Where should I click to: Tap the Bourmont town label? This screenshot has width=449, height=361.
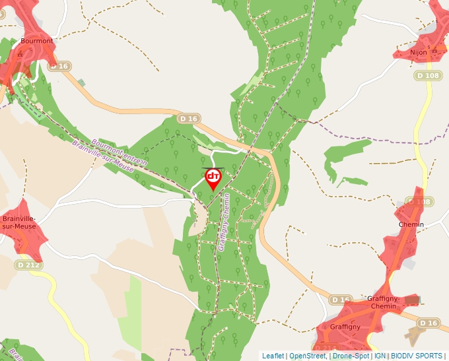pos(37,41)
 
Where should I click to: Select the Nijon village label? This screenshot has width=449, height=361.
pos(419,51)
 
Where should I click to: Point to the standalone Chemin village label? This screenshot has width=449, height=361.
pos(411,224)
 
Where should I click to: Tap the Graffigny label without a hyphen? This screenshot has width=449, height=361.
pos(345,327)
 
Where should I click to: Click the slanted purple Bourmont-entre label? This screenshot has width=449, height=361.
pos(119,152)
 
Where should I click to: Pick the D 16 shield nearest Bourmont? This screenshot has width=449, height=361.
pos(59,66)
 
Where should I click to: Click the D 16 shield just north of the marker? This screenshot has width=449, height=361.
pos(189,119)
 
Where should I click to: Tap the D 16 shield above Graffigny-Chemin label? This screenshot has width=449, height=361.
pos(341,300)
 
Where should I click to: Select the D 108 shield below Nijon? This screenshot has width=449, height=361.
pos(427,76)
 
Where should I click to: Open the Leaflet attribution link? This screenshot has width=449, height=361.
pos(273,356)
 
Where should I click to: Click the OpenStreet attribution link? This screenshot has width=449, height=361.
pos(307,356)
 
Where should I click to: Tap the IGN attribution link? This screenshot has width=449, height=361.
pos(380,356)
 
